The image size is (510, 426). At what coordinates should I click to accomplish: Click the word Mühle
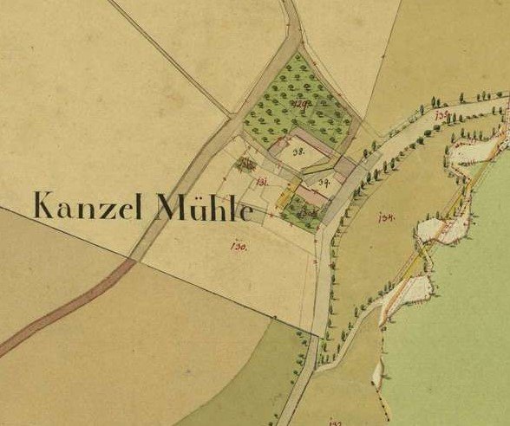pyautogui.click(x=205, y=208)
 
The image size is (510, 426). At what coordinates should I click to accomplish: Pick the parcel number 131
pyautogui.click(x=261, y=180)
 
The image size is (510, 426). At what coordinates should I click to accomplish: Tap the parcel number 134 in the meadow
pyautogui.click(x=387, y=217)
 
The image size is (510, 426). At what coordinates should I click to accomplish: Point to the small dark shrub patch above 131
pyautogui.click(x=246, y=163)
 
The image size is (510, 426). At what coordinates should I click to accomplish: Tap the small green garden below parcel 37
pyautogui.click(x=303, y=210)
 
